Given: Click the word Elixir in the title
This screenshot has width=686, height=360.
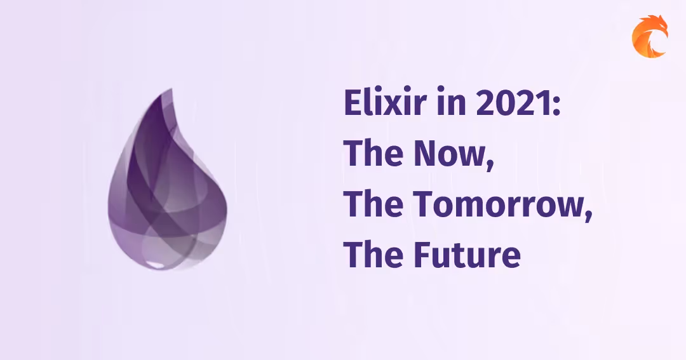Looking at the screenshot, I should tap(374, 103).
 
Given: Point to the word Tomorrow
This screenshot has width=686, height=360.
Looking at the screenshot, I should tap(494, 205).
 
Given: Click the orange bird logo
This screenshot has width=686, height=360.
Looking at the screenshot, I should tap(649, 37).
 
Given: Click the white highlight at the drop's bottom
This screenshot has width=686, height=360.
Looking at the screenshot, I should tap(152, 262).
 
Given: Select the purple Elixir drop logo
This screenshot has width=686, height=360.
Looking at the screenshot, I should tap(167, 190).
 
